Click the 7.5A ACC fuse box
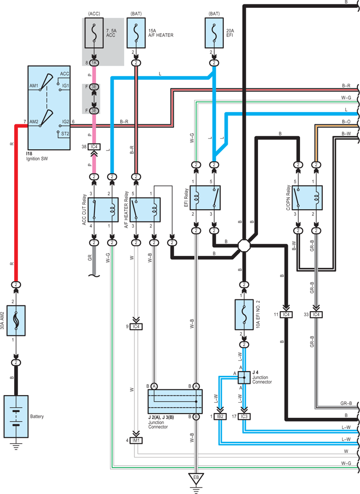(x=94, y=33)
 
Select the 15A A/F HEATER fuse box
(x=136, y=33)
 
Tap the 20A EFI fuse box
(x=214, y=33)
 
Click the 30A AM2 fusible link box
(x=16, y=320)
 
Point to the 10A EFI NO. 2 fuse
(x=244, y=314)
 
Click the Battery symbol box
(x=16, y=416)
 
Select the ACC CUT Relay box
(x=103, y=210)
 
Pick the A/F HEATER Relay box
(x=145, y=210)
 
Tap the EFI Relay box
(x=205, y=198)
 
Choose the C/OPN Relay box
(x=307, y=198)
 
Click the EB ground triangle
(x=196, y=478)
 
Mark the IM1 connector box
(x=136, y=440)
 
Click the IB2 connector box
(x=220, y=416)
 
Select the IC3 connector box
(x=244, y=416)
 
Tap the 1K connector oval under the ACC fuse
(x=94, y=63)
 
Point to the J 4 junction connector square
(x=244, y=378)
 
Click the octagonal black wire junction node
(x=244, y=246)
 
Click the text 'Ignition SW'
(x=37, y=159)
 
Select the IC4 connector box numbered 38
(x=94, y=147)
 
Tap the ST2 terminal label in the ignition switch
(x=65, y=133)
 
